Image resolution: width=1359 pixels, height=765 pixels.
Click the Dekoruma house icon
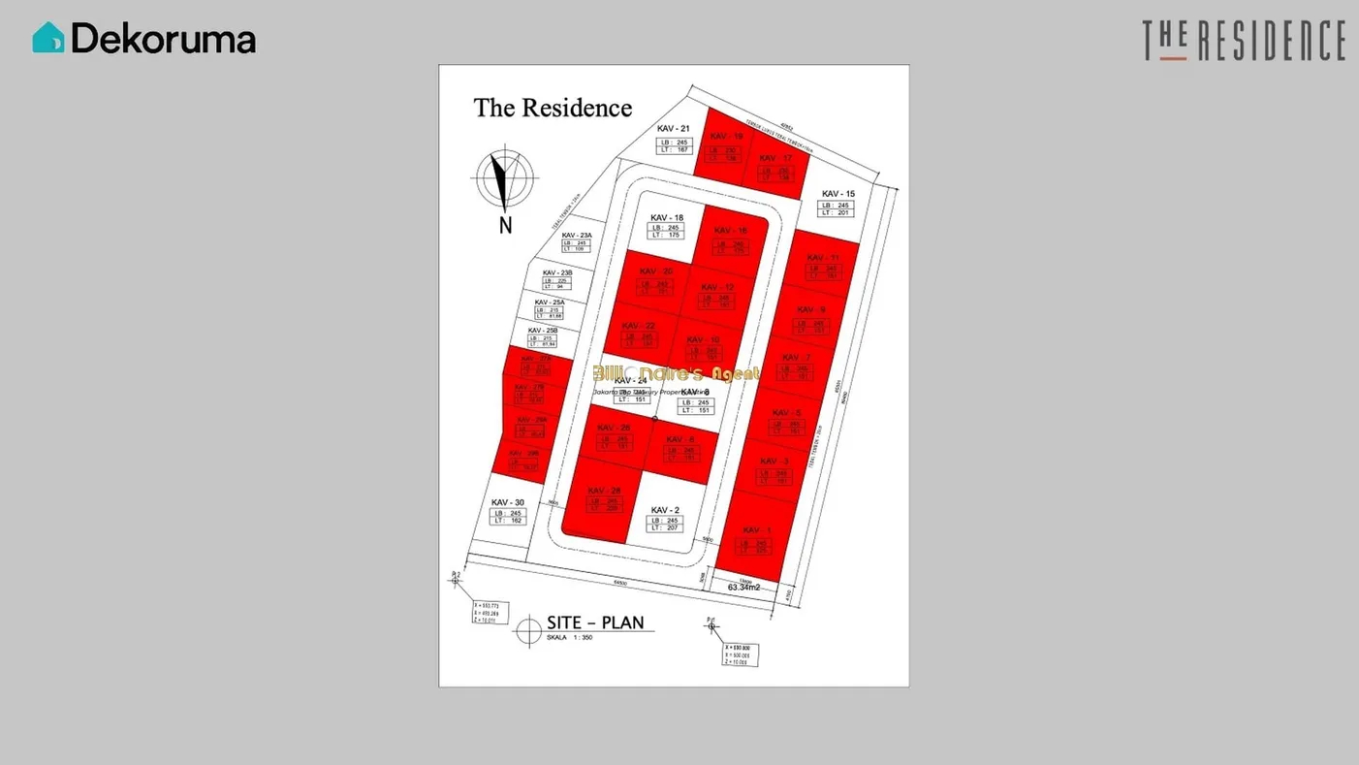pyautogui.click(x=47, y=38)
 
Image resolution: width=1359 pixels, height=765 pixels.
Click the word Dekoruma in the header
pyautogui.click(x=163, y=39)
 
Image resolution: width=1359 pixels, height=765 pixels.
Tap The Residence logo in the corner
pyautogui.click(x=1244, y=41)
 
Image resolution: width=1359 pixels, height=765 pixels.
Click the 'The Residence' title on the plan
pyautogui.click(x=553, y=108)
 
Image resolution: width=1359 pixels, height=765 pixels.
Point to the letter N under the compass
pyautogui.click(x=505, y=226)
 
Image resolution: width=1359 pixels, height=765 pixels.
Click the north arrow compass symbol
pyautogui.click(x=504, y=179)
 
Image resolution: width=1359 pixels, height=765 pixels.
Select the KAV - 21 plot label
pyautogui.click(x=672, y=129)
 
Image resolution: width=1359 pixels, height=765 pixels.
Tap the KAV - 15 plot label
pyautogui.click(x=838, y=194)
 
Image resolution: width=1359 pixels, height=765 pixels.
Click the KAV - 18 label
pyautogui.click(x=667, y=217)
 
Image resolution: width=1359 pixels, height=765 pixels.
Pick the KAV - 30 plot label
pyautogui.click(x=507, y=502)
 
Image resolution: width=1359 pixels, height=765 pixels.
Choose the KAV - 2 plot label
pyautogui.click(x=665, y=510)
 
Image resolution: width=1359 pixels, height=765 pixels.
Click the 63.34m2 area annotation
pyautogui.click(x=744, y=587)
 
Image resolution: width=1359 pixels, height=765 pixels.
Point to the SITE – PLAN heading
pyautogui.click(x=594, y=622)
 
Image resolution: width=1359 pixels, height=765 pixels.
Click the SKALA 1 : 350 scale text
pyautogui.click(x=570, y=638)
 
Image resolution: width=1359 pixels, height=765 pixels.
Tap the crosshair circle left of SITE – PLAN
pyautogui.click(x=528, y=629)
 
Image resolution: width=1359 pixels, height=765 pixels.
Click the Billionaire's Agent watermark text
pyautogui.click(x=678, y=373)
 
